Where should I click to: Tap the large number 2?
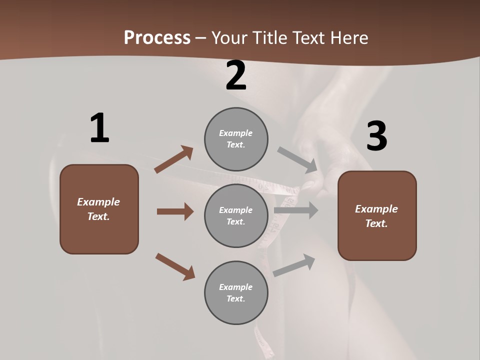236,75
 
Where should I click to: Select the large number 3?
376,136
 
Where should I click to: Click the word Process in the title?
157,38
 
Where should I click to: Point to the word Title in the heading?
270,38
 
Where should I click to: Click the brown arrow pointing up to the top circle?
174,159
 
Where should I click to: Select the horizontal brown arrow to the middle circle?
174,211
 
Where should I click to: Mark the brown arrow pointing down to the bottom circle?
175,266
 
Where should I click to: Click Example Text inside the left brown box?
98,209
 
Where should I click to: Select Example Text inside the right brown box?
376,216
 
